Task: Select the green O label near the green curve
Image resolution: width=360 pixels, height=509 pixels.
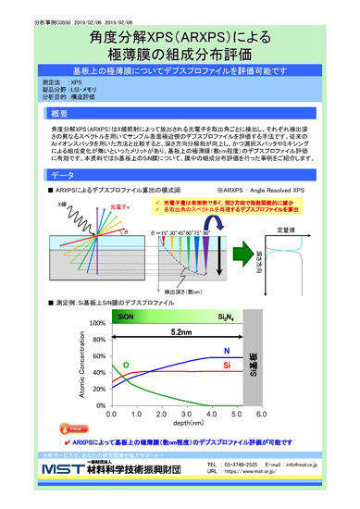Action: tap(126, 366)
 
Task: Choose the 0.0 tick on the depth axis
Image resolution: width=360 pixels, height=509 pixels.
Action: tap(109, 413)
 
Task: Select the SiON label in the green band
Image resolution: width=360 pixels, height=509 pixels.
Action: tap(126, 316)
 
